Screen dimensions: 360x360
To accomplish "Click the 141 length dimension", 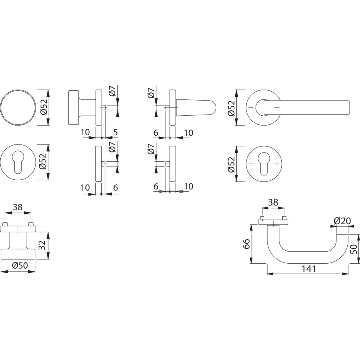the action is pos(309,269).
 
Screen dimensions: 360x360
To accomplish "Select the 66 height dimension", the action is pos(246,244).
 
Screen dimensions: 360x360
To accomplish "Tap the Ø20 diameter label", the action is pos(342,221).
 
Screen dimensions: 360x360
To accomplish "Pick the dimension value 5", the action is pos(115,133).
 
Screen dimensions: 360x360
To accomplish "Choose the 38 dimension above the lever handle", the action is pos(273,202).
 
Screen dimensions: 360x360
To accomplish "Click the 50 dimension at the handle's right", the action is pos(354,249).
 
